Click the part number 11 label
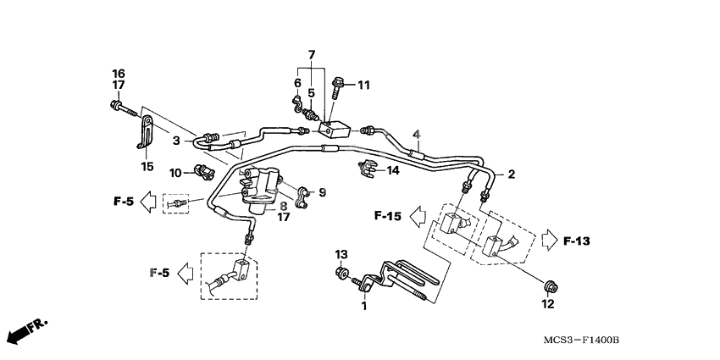[363, 84]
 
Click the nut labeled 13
[341, 274]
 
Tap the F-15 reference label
[387, 217]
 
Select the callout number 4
[416, 134]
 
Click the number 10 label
[175, 172]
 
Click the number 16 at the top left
[119, 73]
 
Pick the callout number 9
[322, 192]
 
